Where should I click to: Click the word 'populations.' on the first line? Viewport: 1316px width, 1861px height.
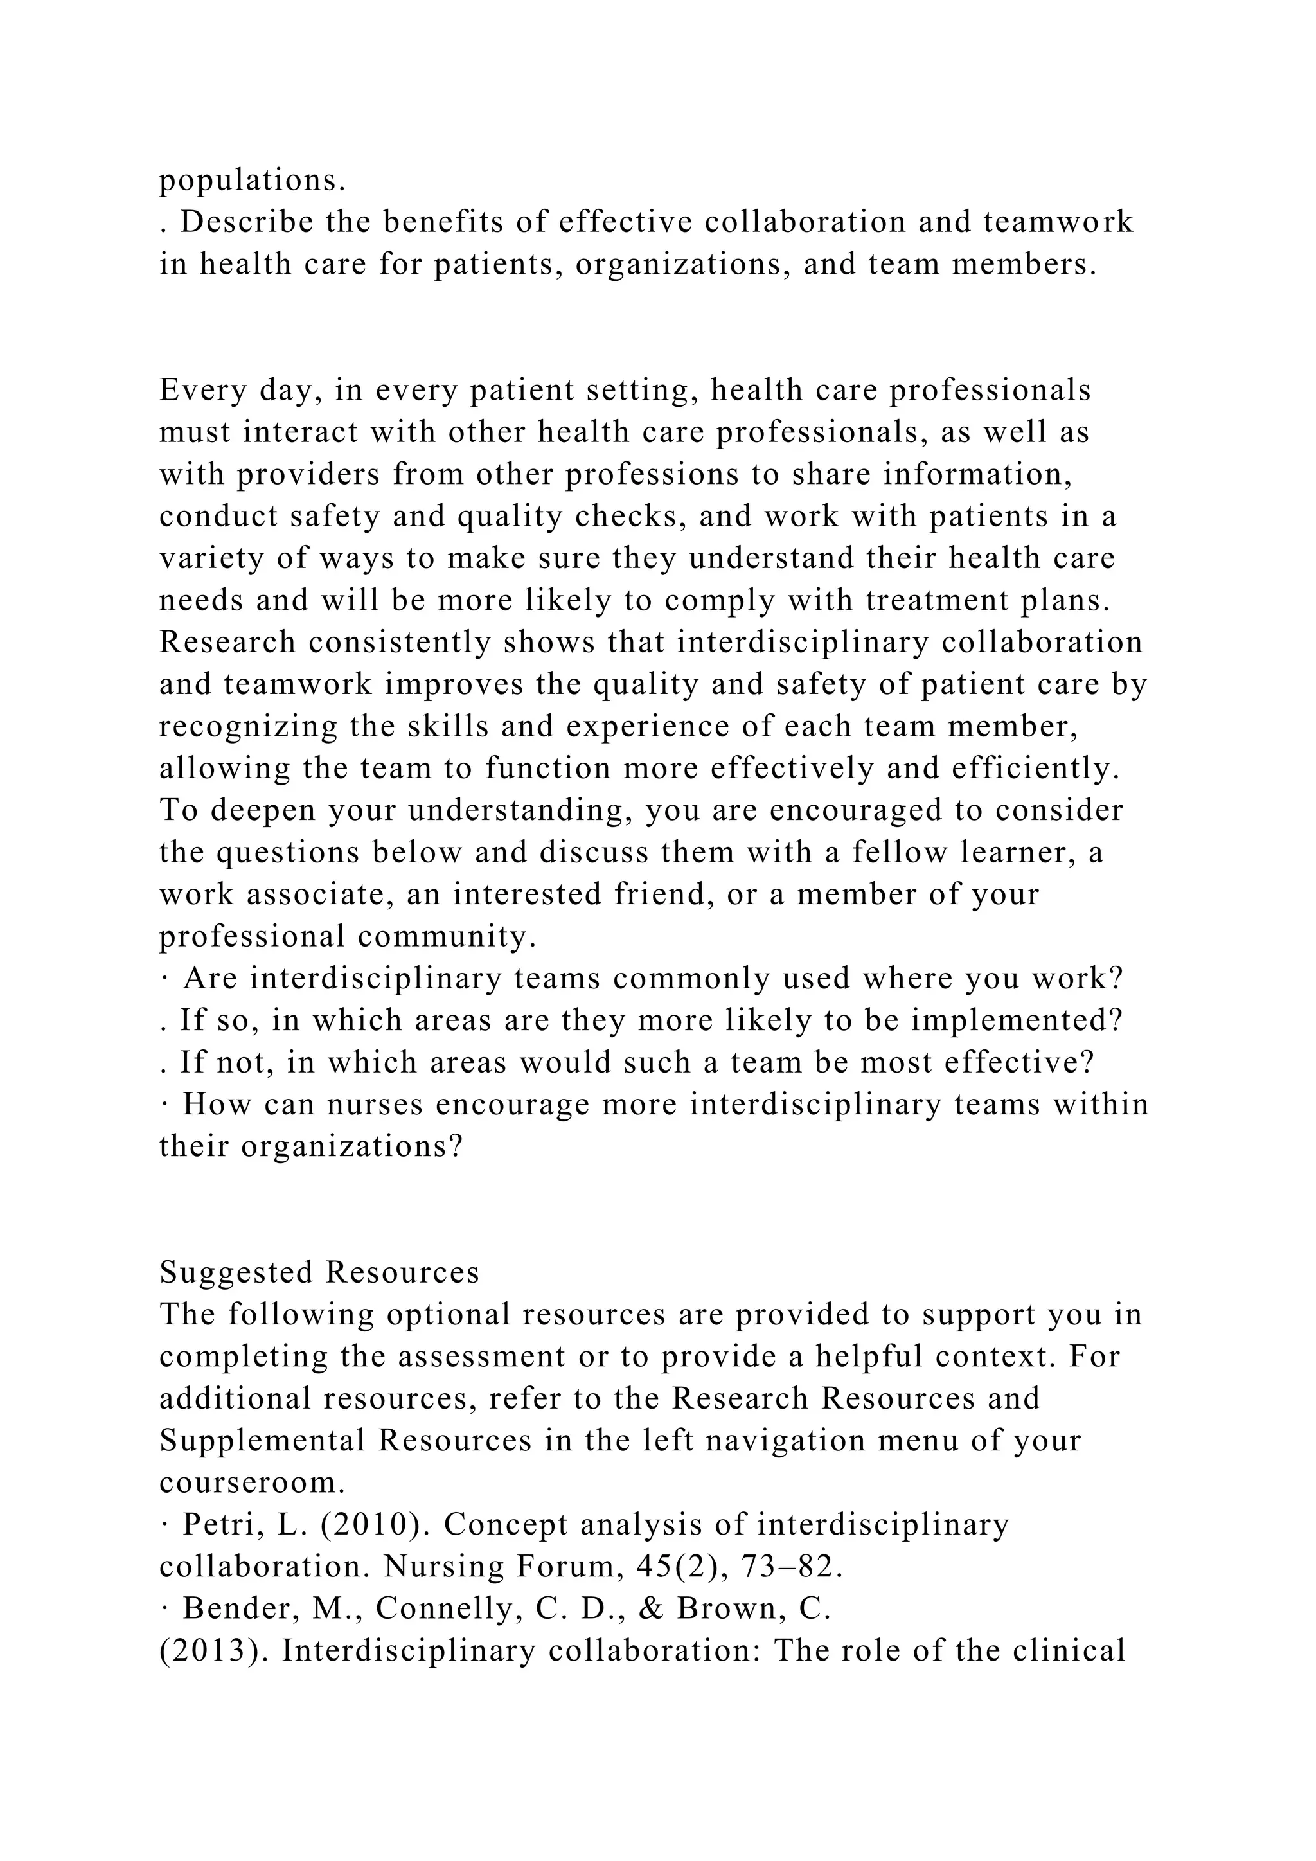(x=252, y=181)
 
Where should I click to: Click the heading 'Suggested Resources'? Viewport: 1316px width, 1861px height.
(x=319, y=1272)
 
